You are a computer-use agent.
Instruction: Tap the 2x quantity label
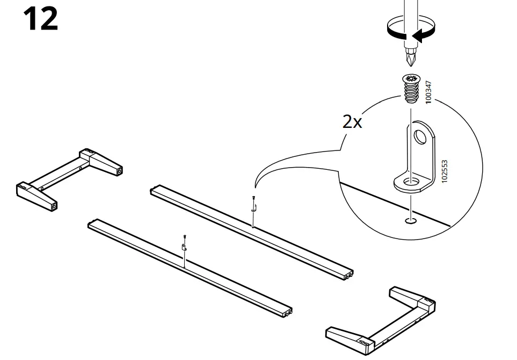point(352,122)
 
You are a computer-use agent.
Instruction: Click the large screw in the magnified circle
point(411,88)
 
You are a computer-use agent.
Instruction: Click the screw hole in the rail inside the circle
point(411,220)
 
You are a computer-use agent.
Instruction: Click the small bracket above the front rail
point(184,247)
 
